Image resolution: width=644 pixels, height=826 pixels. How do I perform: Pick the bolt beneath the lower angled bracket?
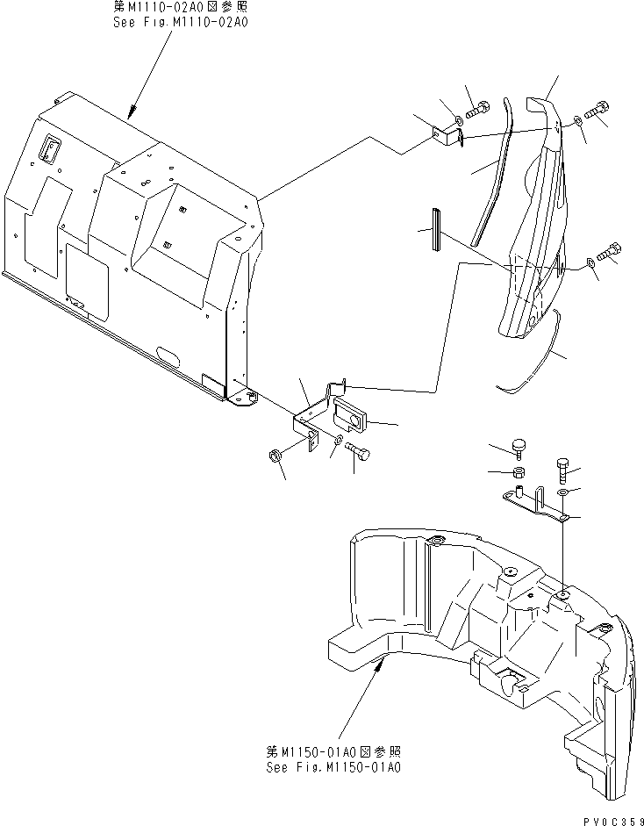tap(357, 450)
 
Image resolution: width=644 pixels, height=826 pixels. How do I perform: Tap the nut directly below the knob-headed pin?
tap(518, 473)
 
